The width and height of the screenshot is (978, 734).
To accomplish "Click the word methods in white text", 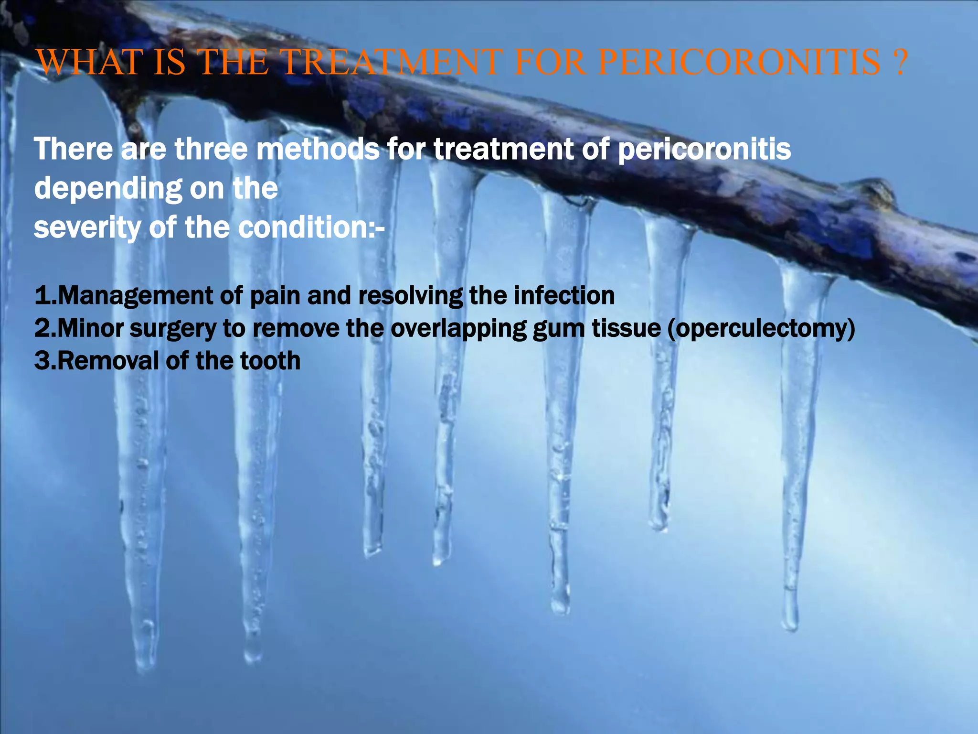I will pyautogui.click(x=318, y=149).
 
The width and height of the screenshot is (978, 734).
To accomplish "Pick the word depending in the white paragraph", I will pyautogui.click(x=102, y=189).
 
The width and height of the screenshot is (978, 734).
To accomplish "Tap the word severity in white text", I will pyautogui.click(x=86, y=227).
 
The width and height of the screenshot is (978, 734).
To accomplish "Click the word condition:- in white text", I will pyautogui.click(x=311, y=227).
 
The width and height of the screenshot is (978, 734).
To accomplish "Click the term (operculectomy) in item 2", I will pyautogui.click(x=761, y=329).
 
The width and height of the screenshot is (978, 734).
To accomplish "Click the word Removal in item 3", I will pyautogui.click(x=108, y=361).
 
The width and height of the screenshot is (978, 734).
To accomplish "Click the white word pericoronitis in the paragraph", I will pyautogui.click(x=704, y=149).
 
